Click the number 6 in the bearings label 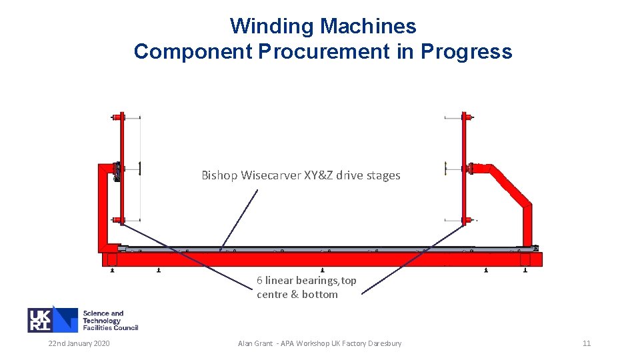click(259, 281)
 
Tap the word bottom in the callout click(319, 295)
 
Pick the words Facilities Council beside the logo click(111, 327)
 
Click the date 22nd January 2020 click(79, 343)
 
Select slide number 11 click(587, 343)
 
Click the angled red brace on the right click(512, 184)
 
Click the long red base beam click(320, 259)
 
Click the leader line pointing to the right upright click(413, 259)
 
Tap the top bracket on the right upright click(464, 117)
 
